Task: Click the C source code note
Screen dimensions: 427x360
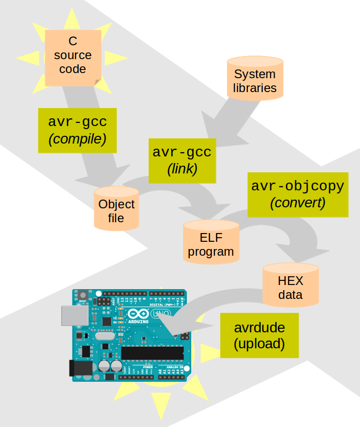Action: (73, 55)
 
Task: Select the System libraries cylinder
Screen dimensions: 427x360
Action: (255, 80)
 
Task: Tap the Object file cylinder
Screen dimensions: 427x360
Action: (116, 210)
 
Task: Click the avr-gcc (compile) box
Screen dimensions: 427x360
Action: (77, 130)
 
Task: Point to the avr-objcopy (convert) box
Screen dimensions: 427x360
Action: (297, 194)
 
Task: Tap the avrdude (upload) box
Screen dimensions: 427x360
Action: (259, 335)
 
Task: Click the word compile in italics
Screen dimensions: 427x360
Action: (77, 139)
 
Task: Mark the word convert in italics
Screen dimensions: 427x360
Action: (297, 203)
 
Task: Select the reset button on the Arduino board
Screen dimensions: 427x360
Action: (82, 295)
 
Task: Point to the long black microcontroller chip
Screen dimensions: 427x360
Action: (152, 353)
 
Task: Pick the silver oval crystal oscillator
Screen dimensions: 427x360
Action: (104, 336)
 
